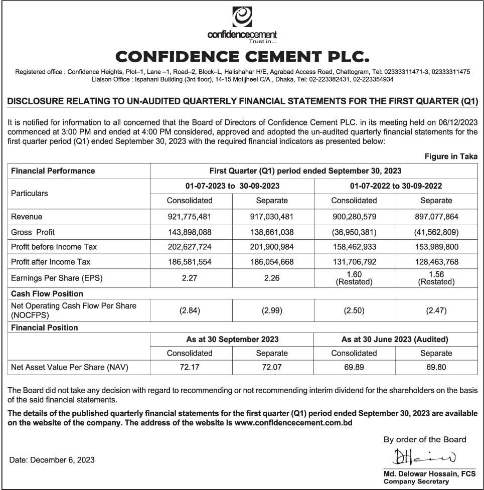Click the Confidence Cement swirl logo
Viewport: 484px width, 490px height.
[x=242, y=17]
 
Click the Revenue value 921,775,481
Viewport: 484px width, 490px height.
[x=190, y=217]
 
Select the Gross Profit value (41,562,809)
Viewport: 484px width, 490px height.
[x=436, y=232]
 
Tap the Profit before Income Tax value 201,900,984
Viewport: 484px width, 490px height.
[x=272, y=247]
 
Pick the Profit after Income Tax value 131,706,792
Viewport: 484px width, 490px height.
[x=354, y=262]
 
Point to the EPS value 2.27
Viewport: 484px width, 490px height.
[x=190, y=277]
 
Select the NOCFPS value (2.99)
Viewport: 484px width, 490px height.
[x=272, y=310]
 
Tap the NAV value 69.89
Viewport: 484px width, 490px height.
[x=354, y=367]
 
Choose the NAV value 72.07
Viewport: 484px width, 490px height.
[x=272, y=367]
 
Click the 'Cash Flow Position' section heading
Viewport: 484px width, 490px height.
[x=47, y=294]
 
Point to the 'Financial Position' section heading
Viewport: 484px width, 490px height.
[x=45, y=328]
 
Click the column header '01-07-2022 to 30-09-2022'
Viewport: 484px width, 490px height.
[x=396, y=186]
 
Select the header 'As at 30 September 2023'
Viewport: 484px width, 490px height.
[x=232, y=339]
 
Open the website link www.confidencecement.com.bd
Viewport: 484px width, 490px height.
[x=293, y=423]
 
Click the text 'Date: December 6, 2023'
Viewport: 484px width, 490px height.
[x=52, y=459]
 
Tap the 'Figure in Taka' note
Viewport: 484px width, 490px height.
[x=451, y=157]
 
